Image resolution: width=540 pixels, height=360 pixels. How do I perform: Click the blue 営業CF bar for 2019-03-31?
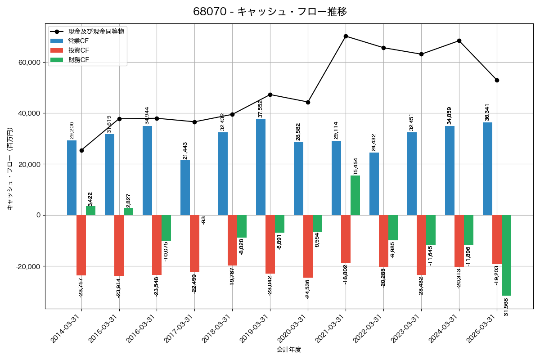261,167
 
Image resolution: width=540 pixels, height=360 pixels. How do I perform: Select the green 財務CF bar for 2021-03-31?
355,195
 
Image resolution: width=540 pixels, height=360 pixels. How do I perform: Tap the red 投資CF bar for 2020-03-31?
308,246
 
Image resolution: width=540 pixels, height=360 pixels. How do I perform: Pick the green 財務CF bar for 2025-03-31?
506,255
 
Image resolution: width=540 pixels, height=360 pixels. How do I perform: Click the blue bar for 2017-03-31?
185,188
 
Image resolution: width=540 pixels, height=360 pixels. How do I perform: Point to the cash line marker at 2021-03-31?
346,36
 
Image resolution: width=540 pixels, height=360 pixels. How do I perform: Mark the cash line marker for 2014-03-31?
81,150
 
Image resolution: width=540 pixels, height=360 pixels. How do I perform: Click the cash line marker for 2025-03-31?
497,80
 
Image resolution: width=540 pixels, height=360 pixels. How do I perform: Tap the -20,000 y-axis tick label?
28,266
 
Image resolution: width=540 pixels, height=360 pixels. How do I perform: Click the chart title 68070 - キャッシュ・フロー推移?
270,12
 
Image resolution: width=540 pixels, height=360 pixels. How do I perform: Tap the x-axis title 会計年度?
289,350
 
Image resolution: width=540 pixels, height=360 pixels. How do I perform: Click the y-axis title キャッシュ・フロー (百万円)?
10,169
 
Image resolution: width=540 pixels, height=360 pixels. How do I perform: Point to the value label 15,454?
355,166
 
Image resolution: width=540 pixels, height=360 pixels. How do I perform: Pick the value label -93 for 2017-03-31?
204,220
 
